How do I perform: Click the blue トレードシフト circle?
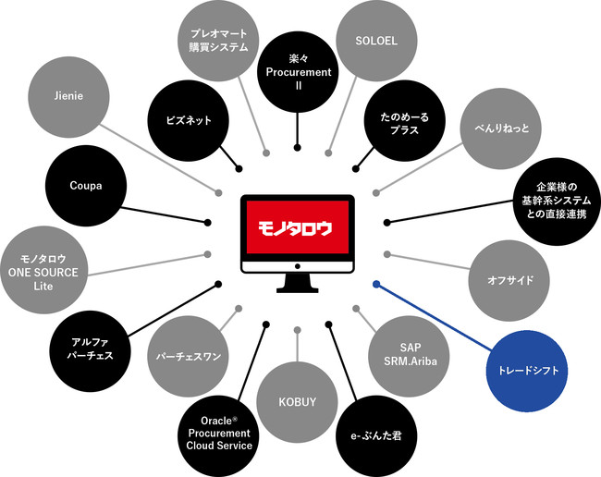click(x=527, y=371)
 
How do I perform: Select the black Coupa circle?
click(x=86, y=186)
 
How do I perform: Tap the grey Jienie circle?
click(x=68, y=97)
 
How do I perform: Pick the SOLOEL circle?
click(x=376, y=41)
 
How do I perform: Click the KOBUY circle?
click(x=297, y=401)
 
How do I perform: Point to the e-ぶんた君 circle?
click(x=376, y=436)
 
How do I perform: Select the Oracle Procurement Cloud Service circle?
click(x=219, y=436)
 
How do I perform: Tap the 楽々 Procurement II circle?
click(x=299, y=72)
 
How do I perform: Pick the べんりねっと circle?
click(x=500, y=128)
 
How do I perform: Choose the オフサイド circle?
click(x=509, y=281)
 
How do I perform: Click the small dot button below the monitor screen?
click(x=298, y=266)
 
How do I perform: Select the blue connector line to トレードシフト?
click(x=434, y=317)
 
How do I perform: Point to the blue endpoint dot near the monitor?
click(x=376, y=284)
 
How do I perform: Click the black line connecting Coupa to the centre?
click(x=164, y=215)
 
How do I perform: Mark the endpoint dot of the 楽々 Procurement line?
click(x=297, y=148)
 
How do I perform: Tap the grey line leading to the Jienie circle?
click(x=159, y=158)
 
